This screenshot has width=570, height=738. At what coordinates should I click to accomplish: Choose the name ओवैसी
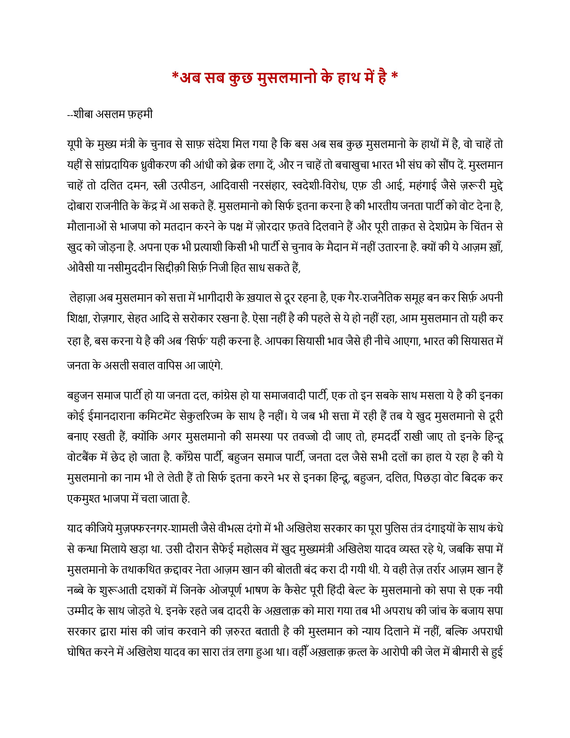pos(79,268)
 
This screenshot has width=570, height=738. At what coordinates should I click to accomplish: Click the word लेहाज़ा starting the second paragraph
pos(83,298)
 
